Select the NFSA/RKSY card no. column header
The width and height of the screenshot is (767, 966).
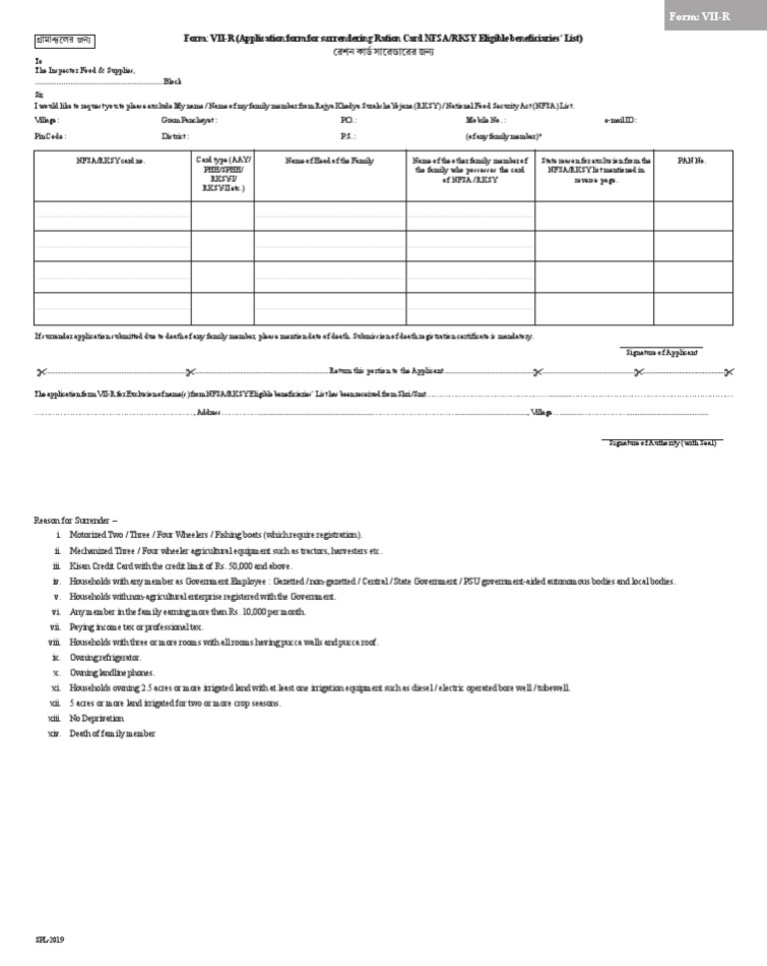click(x=111, y=161)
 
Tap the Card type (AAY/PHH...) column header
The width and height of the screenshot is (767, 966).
click(x=221, y=173)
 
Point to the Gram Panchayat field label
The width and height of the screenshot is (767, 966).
click(x=189, y=120)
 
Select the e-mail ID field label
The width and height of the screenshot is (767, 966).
click(x=620, y=120)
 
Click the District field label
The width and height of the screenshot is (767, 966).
click(x=175, y=135)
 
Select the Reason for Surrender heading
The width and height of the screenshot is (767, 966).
click(x=76, y=520)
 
